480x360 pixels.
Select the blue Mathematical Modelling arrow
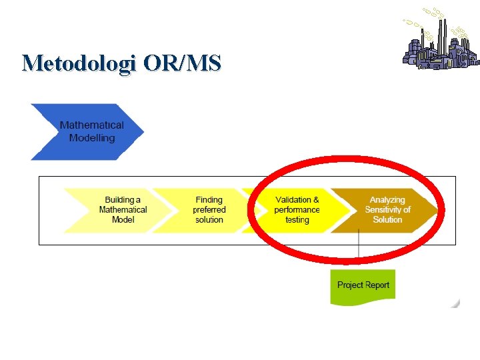[87, 131]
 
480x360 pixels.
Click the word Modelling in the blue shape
[92, 138]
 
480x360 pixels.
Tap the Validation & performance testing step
[297, 209]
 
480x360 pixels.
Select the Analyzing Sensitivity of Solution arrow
[387, 209]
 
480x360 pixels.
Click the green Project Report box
[363, 285]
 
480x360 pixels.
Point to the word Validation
[293, 199]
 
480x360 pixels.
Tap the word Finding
[209, 199]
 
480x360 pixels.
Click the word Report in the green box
[377, 285]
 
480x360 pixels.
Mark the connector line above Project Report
[359, 250]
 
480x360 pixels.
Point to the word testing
[297, 219]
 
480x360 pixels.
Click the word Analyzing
[387, 199]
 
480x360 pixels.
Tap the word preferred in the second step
[209, 209]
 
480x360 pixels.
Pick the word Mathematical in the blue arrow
[92, 125]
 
